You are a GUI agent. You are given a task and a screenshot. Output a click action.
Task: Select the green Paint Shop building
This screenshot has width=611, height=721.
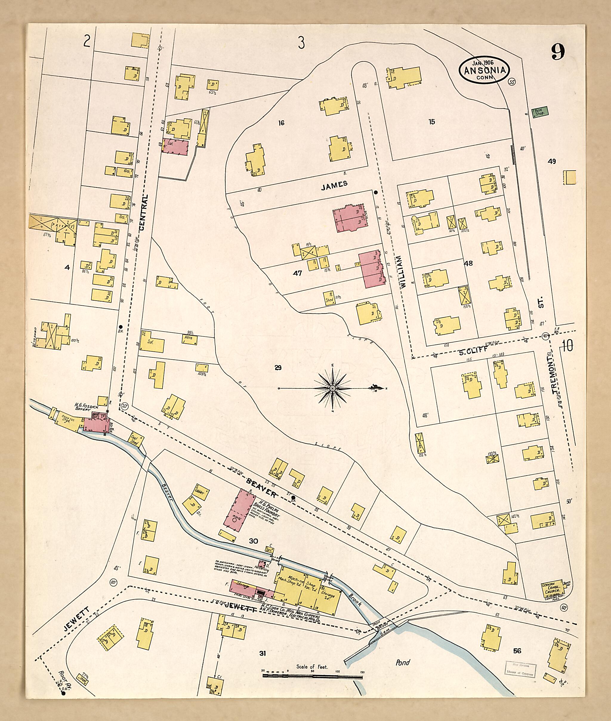540,111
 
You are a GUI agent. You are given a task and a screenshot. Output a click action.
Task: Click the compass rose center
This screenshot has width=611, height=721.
332,389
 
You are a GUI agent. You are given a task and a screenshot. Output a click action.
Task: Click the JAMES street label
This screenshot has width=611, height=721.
334,185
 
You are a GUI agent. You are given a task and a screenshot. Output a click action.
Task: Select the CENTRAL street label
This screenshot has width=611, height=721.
144,213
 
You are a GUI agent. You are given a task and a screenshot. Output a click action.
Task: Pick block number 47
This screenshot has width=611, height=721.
297,273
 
